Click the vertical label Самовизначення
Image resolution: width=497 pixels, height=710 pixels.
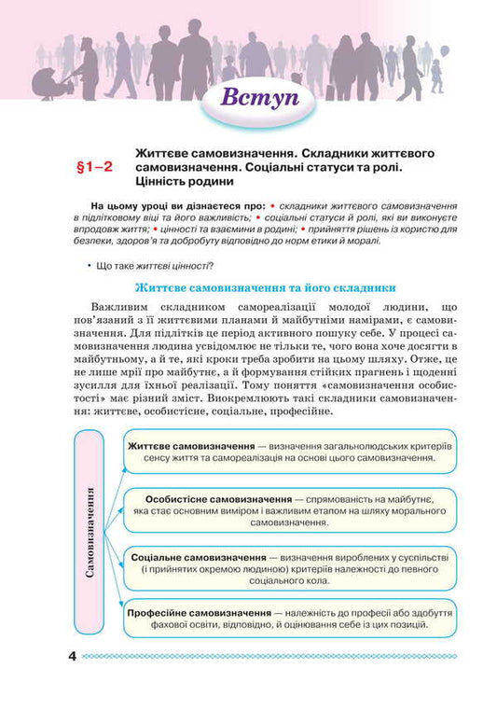(90, 532)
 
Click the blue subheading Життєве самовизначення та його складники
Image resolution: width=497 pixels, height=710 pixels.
(268, 288)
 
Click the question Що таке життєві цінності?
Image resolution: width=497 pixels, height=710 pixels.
(155, 266)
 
